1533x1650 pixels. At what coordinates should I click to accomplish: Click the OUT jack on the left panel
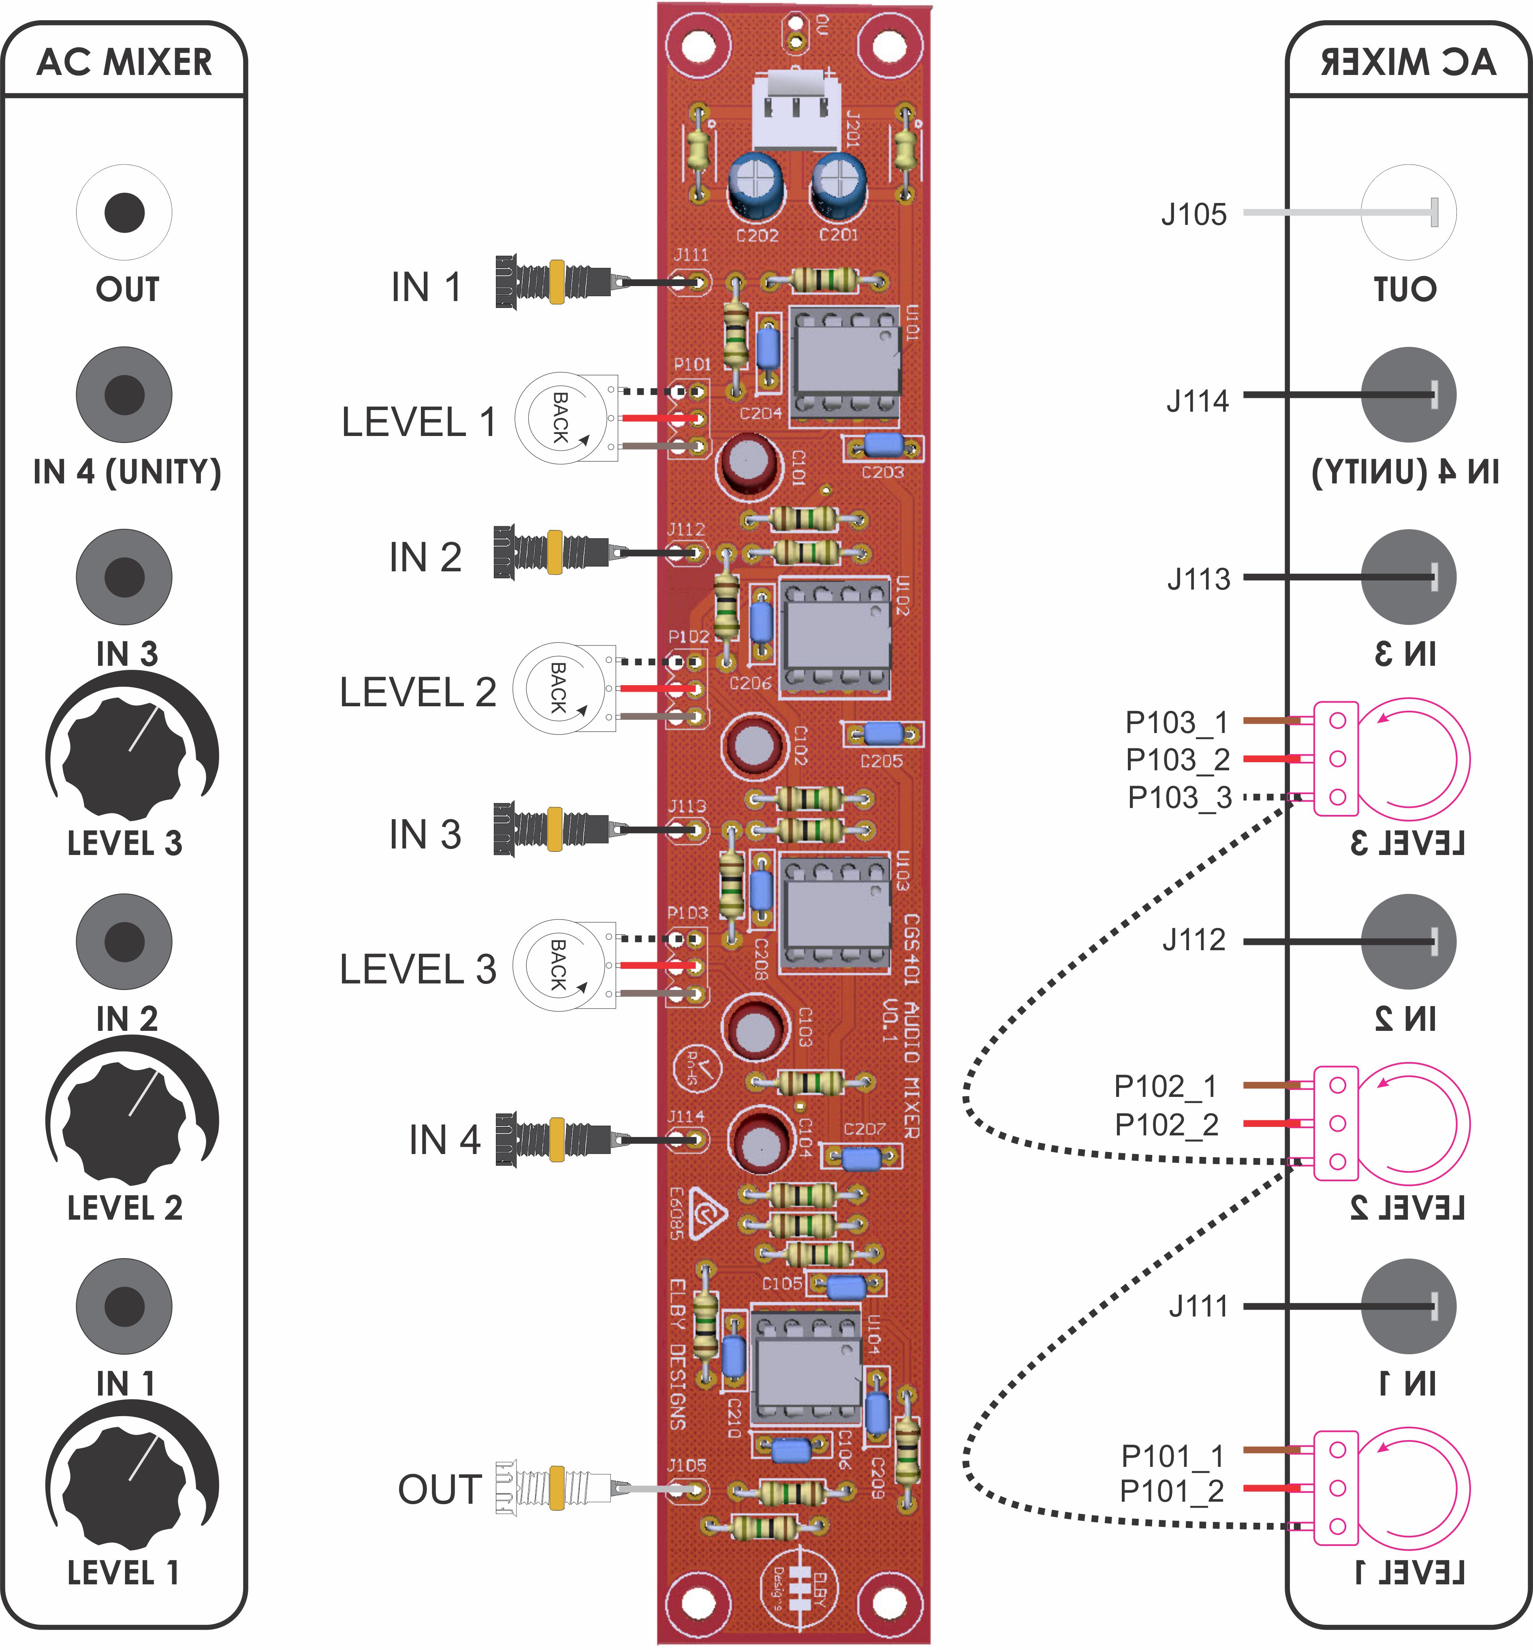[124, 212]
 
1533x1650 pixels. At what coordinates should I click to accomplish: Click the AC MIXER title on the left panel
[124, 62]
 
